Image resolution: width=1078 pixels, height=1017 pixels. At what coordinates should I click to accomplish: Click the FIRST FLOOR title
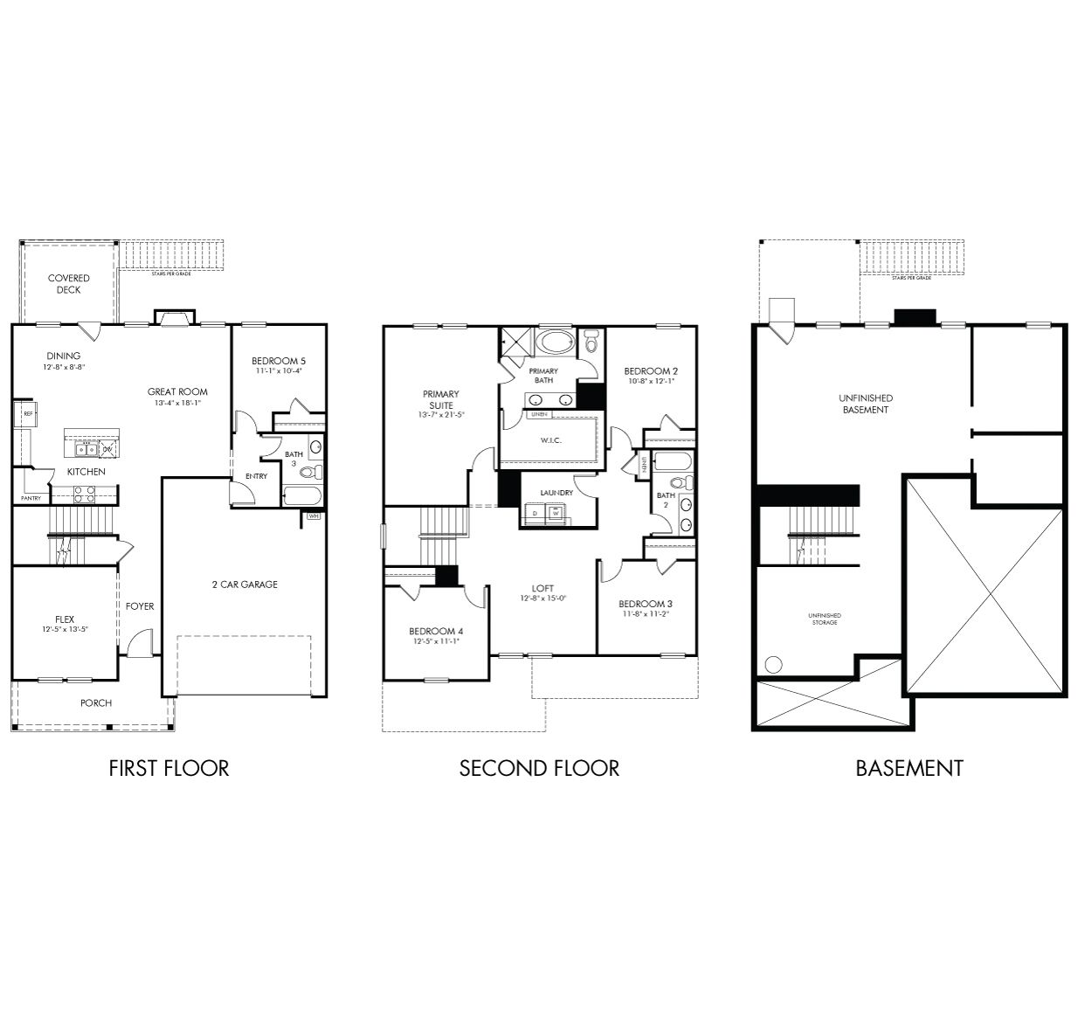tap(169, 768)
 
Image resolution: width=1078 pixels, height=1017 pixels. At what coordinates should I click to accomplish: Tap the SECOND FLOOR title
tap(539, 768)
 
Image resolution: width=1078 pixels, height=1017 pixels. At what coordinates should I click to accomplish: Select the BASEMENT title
tap(909, 768)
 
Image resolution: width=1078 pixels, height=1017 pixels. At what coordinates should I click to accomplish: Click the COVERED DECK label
tap(69, 284)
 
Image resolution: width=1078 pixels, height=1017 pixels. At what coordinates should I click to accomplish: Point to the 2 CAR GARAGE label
tap(245, 585)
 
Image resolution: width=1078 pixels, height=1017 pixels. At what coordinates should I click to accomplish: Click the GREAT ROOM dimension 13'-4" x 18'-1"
tap(177, 403)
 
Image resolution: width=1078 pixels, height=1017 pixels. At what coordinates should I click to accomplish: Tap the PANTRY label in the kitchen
tap(31, 499)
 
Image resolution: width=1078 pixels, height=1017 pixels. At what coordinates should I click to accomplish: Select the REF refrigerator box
tap(28, 413)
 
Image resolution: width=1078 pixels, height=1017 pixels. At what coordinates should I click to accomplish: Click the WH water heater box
tap(314, 516)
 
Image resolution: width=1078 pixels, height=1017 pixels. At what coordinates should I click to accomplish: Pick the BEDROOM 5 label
tap(279, 361)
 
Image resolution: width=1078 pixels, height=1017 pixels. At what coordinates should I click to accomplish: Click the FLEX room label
tap(65, 619)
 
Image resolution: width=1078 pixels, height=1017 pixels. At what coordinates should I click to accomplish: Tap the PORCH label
tap(96, 702)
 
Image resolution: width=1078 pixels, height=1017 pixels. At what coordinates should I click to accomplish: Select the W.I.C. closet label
tap(550, 439)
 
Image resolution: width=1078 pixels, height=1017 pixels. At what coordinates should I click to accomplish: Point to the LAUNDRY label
tap(556, 493)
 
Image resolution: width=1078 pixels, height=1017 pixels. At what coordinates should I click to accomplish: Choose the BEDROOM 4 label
tap(436, 631)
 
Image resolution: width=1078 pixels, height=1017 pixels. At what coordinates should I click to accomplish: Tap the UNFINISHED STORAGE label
tap(825, 619)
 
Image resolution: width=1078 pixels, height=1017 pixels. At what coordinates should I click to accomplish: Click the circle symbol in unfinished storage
tap(773, 664)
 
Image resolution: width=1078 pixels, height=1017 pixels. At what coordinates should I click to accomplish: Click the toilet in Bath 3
tap(308, 473)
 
